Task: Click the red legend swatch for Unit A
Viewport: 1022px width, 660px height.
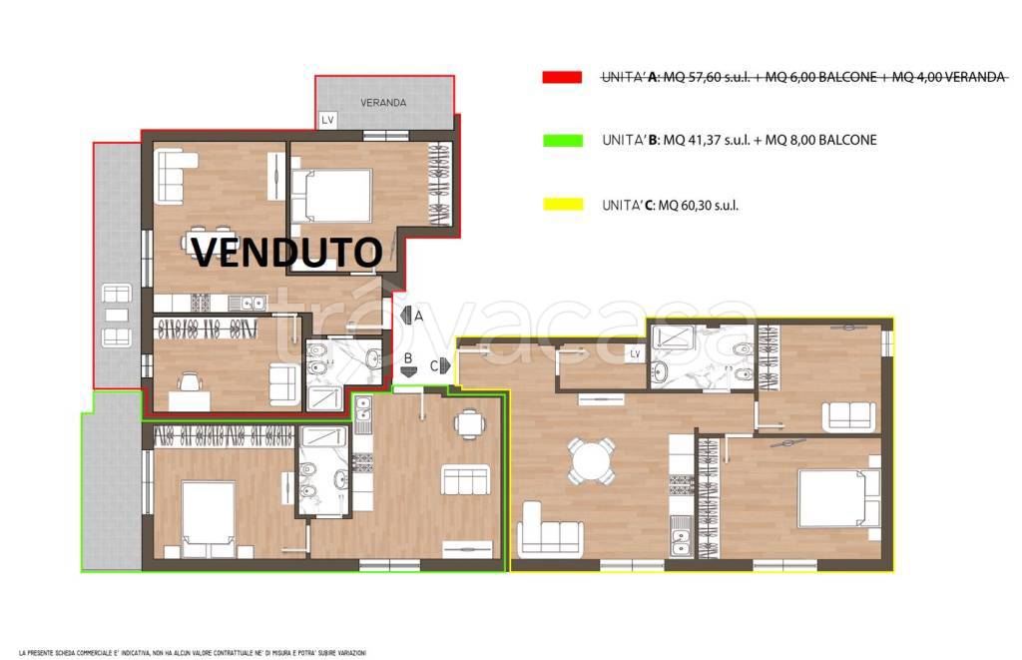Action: pos(562,77)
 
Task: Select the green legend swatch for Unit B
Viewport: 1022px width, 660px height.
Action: pos(562,141)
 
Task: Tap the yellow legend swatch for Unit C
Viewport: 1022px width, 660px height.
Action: pos(562,205)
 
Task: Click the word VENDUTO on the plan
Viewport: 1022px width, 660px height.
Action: pos(285,252)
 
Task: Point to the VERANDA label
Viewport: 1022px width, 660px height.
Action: pos(383,103)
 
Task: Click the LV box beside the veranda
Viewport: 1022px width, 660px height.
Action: pos(326,120)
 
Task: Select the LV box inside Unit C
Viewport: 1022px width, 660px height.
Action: pos(634,354)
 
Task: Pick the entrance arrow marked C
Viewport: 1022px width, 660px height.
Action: pos(444,365)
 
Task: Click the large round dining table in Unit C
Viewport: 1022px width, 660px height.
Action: pos(589,461)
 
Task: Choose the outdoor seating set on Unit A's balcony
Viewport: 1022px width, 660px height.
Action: pos(118,316)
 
